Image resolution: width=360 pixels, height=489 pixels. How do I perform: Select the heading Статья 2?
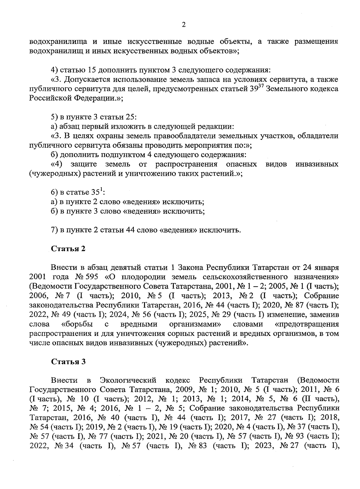(x=68, y=249)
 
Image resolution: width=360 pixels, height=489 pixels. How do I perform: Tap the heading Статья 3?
(x=68, y=361)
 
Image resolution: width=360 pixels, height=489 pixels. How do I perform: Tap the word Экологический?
(x=128, y=380)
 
